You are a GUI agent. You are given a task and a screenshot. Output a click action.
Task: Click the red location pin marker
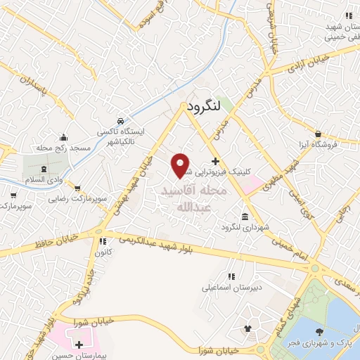(181, 165)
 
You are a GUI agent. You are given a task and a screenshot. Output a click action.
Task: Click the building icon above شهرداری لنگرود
(245, 215)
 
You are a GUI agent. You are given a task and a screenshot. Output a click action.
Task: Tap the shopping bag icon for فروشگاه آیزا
(319, 134)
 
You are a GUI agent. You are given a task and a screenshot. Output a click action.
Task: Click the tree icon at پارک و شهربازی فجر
(321, 331)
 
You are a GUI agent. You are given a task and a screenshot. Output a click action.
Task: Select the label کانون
(103, 251)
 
